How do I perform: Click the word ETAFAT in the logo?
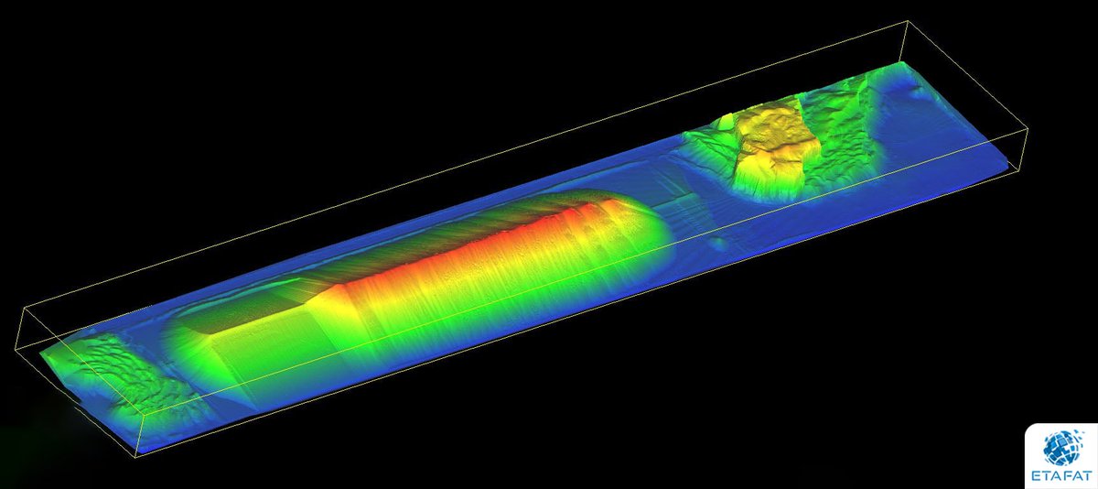pos(1061,476)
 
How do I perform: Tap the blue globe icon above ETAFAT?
pos(1061,446)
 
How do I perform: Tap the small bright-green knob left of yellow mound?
pos(726,121)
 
